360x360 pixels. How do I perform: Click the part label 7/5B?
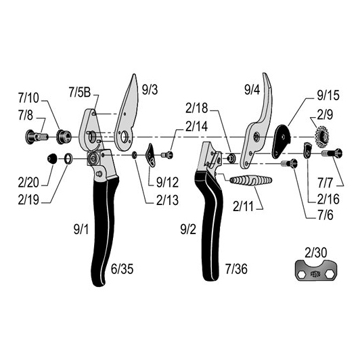pyautogui.click(x=80, y=92)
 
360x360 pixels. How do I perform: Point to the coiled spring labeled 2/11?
pyautogui.click(x=251, y=180)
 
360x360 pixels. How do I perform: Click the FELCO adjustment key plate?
pyautogui.click(x=316, y=270)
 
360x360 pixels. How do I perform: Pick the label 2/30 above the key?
pyautogui.click(x=316, y=252)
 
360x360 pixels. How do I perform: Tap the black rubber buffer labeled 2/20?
pyautogui.click(x=52, y=158)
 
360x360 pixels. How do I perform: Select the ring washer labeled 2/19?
pyautogui.click(x=68, y=158)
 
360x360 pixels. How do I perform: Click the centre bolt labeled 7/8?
pyautogui.click(x=37, y=137)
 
